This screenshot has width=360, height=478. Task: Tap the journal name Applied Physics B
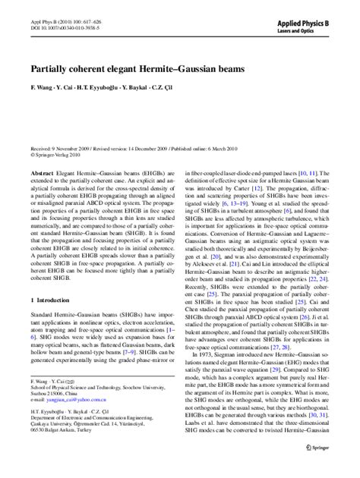pyautogui.click(x=307, y=14)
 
